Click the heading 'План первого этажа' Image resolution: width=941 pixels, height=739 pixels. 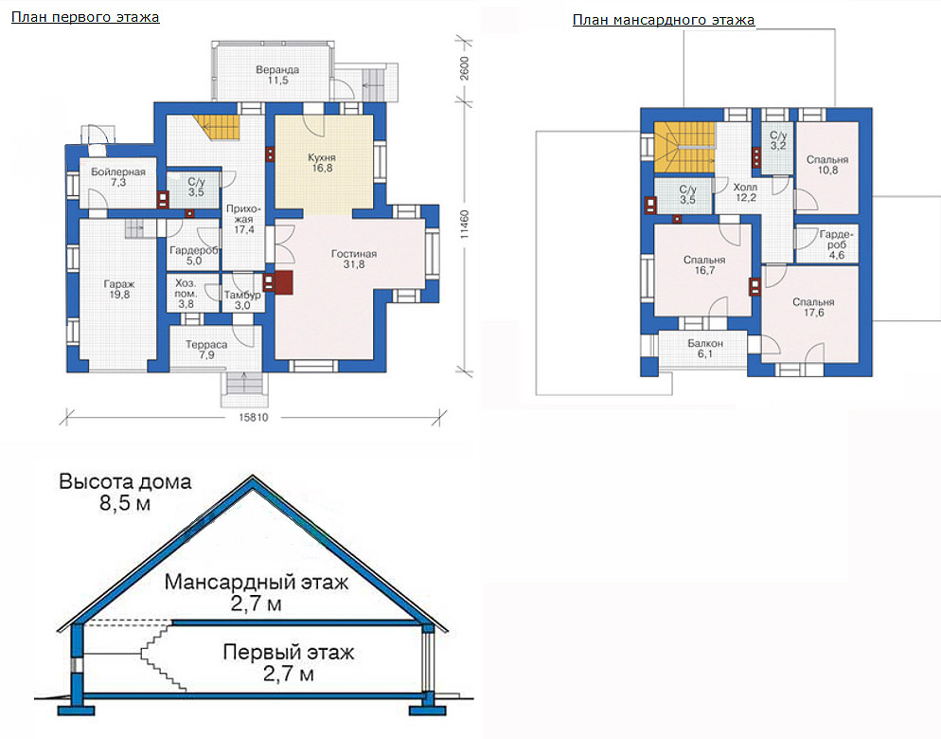[85, 17]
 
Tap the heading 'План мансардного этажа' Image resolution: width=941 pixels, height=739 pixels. [663, 20]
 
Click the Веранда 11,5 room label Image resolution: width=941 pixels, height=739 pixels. [277, 75]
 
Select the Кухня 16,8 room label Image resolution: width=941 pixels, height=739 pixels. [322, 163]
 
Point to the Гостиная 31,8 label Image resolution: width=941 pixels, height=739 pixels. [354, 259]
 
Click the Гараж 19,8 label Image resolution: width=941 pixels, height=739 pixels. [119, 289]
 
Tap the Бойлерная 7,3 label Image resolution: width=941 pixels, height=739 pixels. [118, 176]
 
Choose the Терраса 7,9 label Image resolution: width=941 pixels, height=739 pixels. [206, 350]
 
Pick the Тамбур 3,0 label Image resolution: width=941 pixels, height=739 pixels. [242, 299]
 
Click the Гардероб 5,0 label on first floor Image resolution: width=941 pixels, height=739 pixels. [194, 256]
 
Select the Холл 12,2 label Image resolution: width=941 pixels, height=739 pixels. [745, 192]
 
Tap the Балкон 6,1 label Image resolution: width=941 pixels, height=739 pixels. [705, 349]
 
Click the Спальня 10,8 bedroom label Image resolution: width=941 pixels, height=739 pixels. [827, 165]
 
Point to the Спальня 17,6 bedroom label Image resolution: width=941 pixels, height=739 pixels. [813, 307]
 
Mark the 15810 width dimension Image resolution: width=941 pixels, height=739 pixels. [254, 417]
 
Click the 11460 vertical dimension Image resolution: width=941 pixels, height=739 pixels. [465, 225]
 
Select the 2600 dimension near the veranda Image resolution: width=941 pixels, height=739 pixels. [465, 69]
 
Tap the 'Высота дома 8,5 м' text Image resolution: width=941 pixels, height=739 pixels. [125, 492]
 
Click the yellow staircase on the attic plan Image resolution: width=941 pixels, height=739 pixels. [684, 147]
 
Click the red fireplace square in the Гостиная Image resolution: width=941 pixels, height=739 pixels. [284, 283]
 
